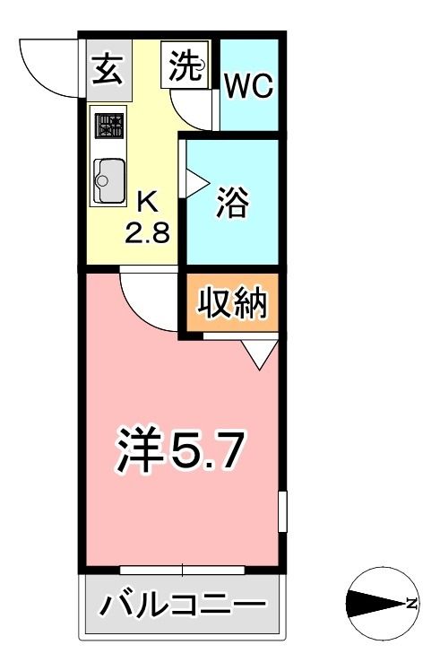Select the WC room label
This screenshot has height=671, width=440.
point(248,86)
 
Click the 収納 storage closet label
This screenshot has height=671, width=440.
point(232,304)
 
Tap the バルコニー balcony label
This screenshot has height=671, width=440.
point(183,604)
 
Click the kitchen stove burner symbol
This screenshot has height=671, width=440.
point(109,126)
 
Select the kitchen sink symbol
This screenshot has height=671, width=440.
point(108,181)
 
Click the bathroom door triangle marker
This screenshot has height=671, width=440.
point(193,179)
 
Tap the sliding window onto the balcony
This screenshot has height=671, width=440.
point(183,569)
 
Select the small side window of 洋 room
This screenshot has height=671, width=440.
point(281,511)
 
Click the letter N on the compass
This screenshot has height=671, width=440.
point(411,604)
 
